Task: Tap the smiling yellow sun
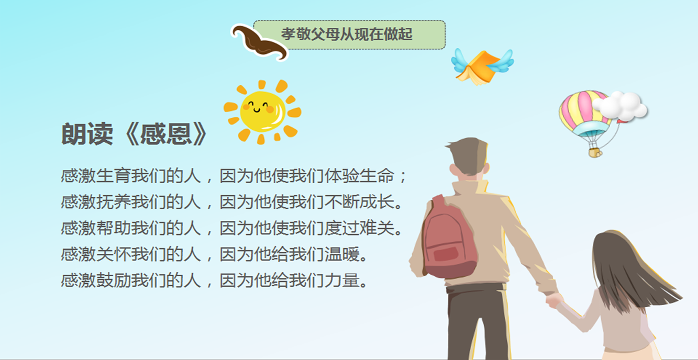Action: [x=262, y=112]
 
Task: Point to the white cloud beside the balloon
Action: [x=620, y=106]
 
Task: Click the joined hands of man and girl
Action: [x=554, y=300]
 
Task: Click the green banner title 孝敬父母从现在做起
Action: [x=347, y=34]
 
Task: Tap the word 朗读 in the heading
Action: [x=87, y=134]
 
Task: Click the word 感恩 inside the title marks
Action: [x=165, y=134]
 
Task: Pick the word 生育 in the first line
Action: [x=114, y=176]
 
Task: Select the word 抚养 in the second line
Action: [x=114, y=202]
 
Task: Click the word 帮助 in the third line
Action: [x=114, y=228]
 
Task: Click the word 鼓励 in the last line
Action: [x=114, y=280]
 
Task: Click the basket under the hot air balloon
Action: [x=595, y=153]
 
